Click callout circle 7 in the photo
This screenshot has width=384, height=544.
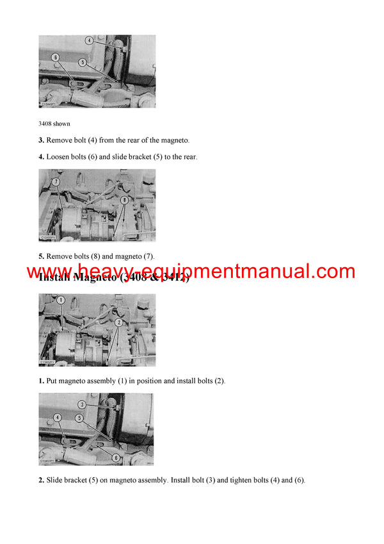(56, 182)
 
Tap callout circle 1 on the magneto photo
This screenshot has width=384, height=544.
(61, 300)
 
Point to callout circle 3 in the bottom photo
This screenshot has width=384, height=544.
(83, 404)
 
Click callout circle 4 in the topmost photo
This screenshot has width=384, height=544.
(90, 40)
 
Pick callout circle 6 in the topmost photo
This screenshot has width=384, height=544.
(55, 57)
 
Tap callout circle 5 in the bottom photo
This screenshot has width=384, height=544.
(79, 417)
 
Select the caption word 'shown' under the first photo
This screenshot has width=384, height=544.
(62, 123)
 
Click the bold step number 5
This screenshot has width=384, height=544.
(41, 256)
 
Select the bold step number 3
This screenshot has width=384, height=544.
(41, 140)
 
